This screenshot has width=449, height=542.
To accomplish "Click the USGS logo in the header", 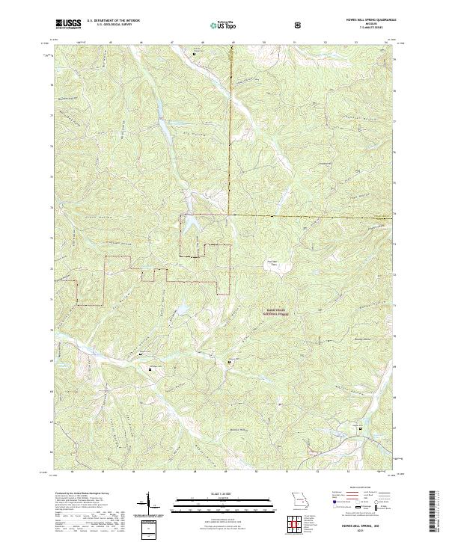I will pyautogui.click(x=68, y=25).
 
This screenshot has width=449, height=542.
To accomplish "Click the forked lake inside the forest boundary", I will pyautogui.click(x=192, y=222).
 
